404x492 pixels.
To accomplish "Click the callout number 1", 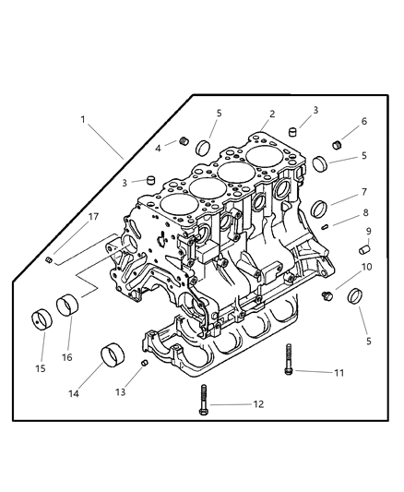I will (x=82, y=119).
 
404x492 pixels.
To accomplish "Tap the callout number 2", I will (x=272, y=114).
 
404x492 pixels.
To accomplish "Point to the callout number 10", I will (x=367, y=267).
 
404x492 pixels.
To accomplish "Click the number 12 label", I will (x=232, y=404).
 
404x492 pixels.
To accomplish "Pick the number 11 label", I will (x=338, y=372).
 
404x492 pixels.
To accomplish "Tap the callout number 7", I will (x=364, y=192).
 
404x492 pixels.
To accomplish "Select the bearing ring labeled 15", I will (x=40, y=319).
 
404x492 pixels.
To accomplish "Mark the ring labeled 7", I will (x=319, y=208).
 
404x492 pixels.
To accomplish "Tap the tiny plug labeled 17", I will (x=47, y=259).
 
